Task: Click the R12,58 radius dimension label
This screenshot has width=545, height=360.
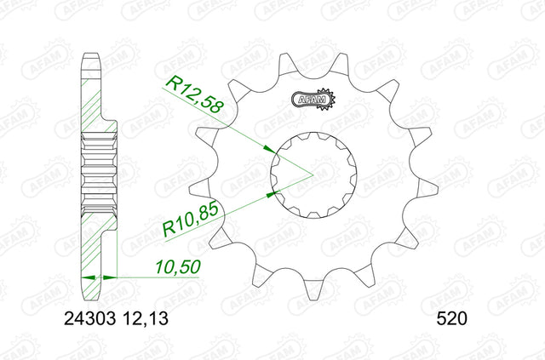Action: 193,95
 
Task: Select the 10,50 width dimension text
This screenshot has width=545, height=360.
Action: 178,267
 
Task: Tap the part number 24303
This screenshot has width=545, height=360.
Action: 89,318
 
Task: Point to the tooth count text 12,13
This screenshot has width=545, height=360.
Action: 146,318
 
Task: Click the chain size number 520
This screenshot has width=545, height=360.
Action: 452,318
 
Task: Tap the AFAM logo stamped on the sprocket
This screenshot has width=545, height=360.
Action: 313,100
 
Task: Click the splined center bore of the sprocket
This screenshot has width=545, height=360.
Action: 314,175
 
